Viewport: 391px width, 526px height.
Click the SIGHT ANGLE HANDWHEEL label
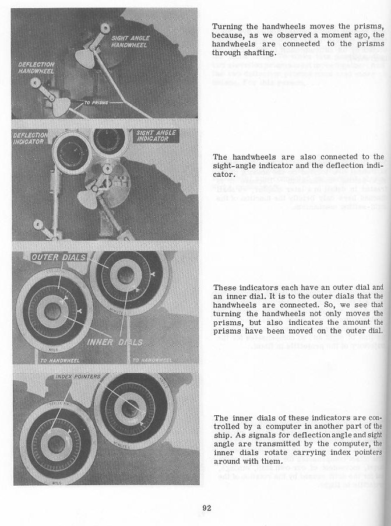tap(130, 41)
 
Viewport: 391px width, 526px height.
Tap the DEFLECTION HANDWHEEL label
tap(36, 68)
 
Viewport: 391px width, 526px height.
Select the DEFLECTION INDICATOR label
tap(33, 139)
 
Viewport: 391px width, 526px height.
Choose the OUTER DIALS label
tap(51, 257)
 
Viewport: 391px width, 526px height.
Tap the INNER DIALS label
tap(114, 341)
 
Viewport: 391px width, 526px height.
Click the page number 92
tap(207, 507)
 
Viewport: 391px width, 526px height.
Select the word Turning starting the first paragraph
tap(227, 26)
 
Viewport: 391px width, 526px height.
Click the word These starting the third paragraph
tap(225, 288)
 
